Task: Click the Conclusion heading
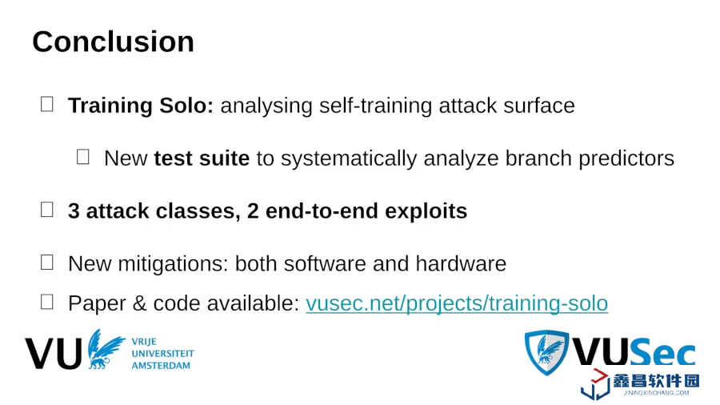[x=113, y=42]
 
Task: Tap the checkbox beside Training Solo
[x=47, y=104]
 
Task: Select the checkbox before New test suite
[x=82, y=157]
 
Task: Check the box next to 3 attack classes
[x=47, y=210]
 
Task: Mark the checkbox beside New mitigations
[x=47, y=263]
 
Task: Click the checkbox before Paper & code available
[x=47, y=302]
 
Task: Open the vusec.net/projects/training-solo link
[x=457, y=303]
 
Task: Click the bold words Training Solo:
[x=141, y=106]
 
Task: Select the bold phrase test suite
[x=202, y=158]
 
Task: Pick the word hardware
[x=461, y=263]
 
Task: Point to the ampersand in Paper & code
[x=139, y=303]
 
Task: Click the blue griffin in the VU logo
[x=105, y=348]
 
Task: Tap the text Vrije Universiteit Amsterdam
[x=162, y=354]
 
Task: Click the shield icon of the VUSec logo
[x=546, y=352]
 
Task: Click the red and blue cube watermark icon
[x=595, y=384]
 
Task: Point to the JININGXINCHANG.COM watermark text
[x=656, y=393]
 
